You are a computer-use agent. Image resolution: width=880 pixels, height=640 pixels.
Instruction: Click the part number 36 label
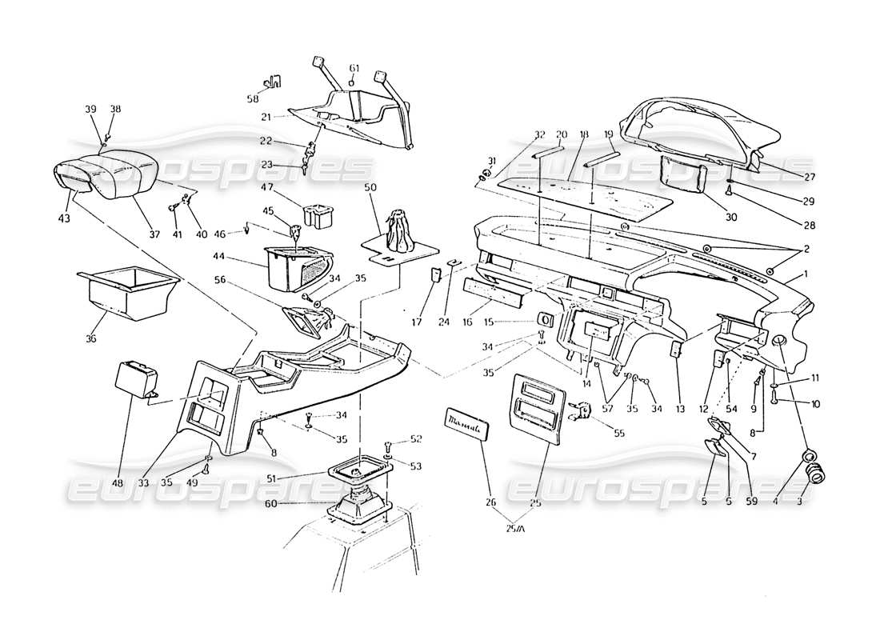[90, 339]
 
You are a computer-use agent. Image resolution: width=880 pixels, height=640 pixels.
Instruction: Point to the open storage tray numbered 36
[127, 295]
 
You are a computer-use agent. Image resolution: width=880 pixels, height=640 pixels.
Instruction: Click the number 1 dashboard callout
[806, 274]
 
